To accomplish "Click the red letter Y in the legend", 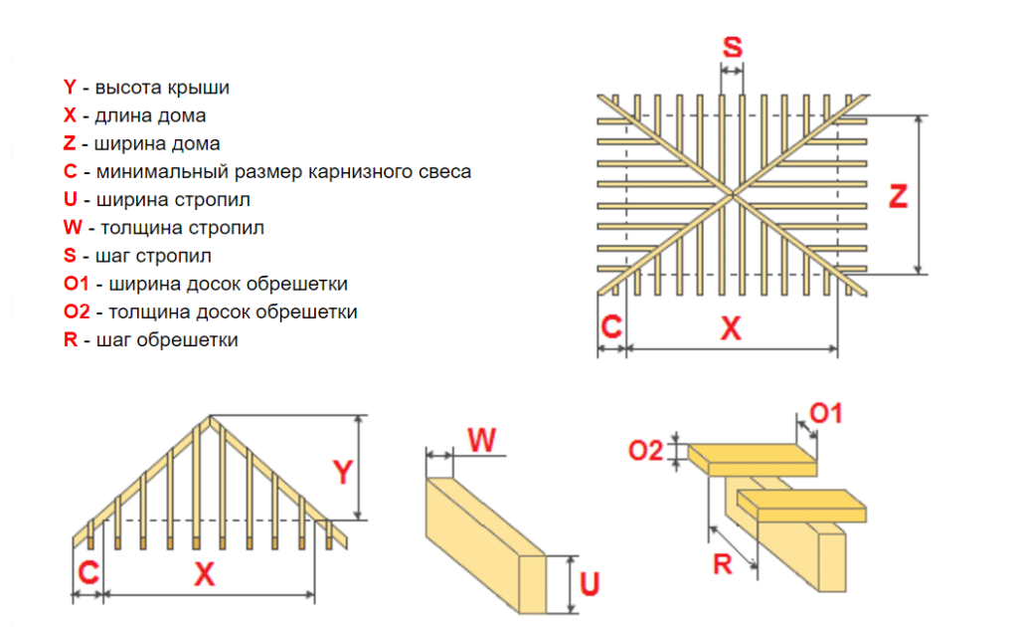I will click(70, 88).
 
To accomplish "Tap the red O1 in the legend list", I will click(77, 284).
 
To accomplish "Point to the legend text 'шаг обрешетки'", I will click(167, 340).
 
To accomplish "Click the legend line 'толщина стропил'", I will click(183, 228).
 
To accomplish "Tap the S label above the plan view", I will click(732, 47).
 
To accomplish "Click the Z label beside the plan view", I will click(898, 196).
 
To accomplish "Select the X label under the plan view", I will click(731, 329).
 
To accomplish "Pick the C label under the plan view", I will click(611, 327).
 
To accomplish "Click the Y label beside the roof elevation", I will click(342, 471).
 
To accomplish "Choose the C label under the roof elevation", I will click(88, 572).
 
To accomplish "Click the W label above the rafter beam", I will click(481, 439).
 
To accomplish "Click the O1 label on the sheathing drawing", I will click(826, 412).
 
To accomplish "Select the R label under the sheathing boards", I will click(723, 564).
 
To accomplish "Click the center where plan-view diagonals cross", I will click(732, 192).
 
